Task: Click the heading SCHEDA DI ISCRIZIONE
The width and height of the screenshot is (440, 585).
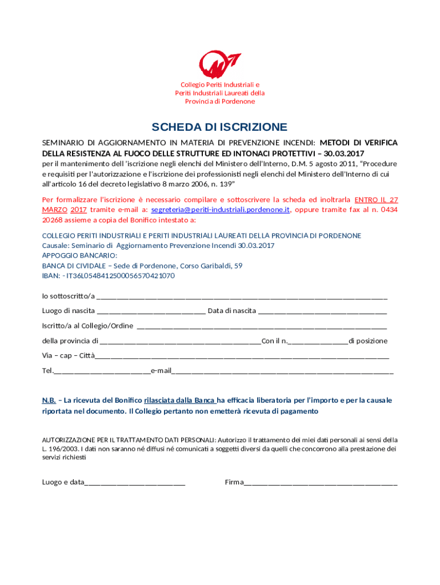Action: (x=219, y=127)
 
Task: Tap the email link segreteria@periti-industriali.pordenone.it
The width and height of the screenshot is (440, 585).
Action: (x=221, y=210)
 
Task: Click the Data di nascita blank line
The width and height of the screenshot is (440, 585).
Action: (x=323, y=312)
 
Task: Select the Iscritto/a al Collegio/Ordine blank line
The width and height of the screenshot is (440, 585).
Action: (x=262, y=327)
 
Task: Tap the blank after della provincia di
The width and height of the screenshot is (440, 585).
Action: (x=180, y=342)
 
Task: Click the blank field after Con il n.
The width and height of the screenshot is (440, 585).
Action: (x=318, y=342)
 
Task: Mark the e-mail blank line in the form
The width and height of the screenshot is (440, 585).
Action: (x=282, y=371)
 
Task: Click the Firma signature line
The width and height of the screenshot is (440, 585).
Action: (x=321, y=483)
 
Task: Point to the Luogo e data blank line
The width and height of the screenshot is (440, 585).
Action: (x=135, y=483)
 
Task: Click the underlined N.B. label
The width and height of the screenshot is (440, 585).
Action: (x=49, y=400)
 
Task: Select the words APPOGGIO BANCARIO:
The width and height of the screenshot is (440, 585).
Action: (x=79, y=255)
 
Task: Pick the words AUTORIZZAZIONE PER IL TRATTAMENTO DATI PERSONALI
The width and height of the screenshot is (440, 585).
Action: (x=129, y=440)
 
